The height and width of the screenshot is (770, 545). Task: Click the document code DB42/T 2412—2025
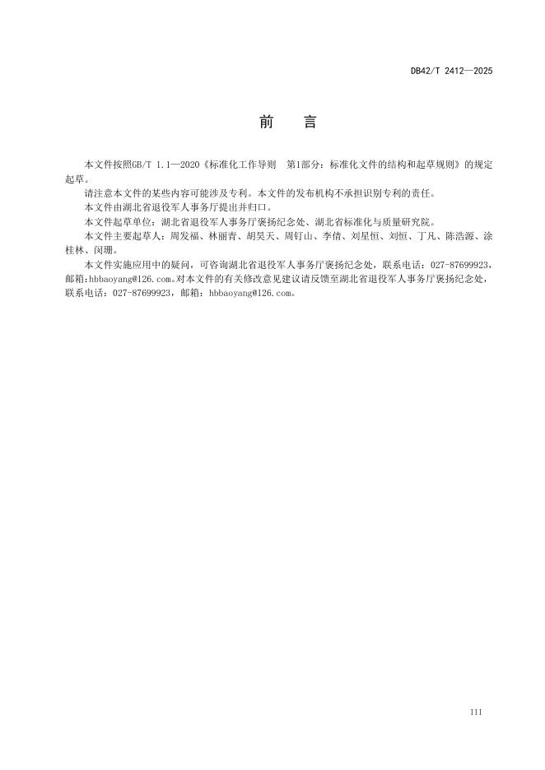pos(451,72)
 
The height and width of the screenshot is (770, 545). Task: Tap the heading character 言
pos(310,123)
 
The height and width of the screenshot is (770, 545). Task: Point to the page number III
pos(476,711)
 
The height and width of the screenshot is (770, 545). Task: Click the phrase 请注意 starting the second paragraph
pos(96,194)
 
